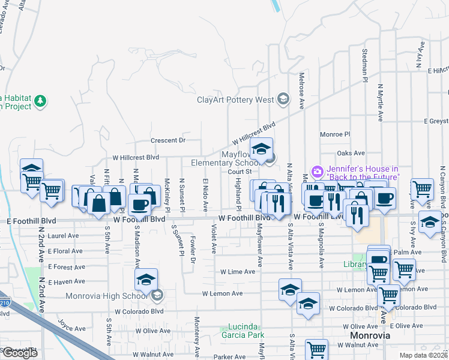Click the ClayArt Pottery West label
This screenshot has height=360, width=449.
coord(235,100)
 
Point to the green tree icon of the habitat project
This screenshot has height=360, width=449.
coord(41,101)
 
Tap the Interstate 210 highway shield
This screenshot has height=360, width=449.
coord(4,303)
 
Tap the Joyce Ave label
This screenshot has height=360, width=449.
coord(72,328)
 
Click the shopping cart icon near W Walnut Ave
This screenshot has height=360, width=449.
coord(316,349)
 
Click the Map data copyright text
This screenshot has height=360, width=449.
coord(424,355)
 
